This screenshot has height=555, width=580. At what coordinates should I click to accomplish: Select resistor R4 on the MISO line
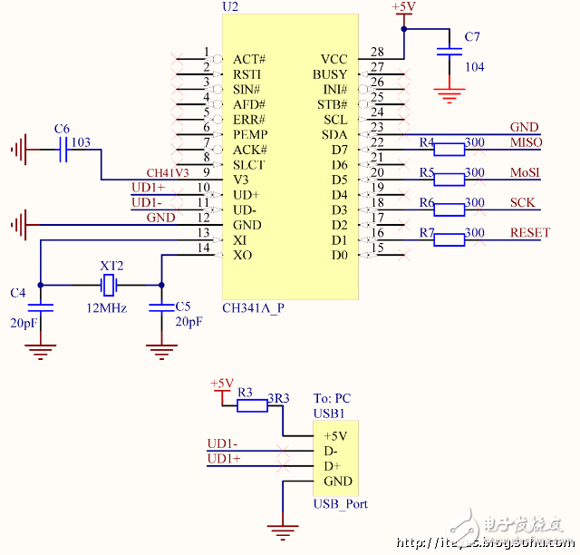tap(449, 150)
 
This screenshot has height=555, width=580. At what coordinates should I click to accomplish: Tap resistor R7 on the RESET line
tap(449, 239)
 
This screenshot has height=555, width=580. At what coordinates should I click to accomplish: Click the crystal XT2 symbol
tap(110, 286)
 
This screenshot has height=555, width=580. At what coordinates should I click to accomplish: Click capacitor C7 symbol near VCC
tap(445, 52)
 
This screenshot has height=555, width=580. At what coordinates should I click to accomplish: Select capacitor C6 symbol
tap(63, 152)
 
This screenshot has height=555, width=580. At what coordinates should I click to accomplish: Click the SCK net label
tap(522, 202)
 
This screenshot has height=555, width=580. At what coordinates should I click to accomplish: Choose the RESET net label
tap(529, 232)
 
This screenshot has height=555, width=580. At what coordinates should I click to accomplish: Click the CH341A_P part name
tap(253, 307)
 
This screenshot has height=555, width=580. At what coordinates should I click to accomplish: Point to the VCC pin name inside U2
tap(333, 59)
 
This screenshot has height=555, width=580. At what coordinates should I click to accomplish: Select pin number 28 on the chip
tap(377, 53)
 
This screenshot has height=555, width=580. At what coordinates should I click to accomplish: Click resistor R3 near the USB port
tap(251, 406)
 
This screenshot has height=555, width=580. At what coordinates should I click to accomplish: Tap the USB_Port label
tap(340, 503)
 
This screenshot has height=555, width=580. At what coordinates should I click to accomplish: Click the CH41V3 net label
tap(168, 172)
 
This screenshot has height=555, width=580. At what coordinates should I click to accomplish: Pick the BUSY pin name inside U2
tap(330, 74)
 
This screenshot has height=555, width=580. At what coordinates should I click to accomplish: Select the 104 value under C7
tap(474, 67)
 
